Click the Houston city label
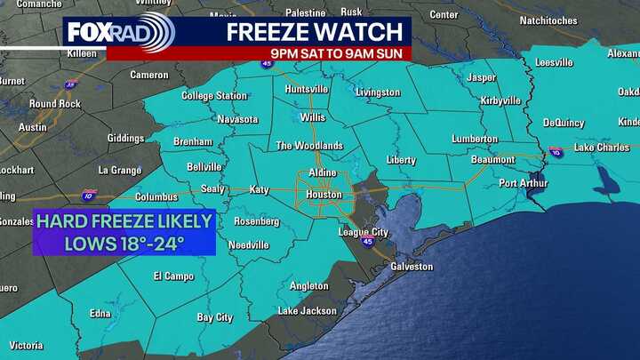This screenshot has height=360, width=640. pos(324,195)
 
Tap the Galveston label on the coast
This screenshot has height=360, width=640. pos(412,267)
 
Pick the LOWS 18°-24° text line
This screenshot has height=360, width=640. pos(124,242)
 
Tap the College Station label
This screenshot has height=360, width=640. pos(214,96)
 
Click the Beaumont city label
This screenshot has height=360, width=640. pos(493,160)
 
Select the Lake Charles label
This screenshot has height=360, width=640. pos(602,148)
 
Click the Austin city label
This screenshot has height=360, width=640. pos(32,127)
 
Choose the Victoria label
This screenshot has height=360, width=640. pos(26,345)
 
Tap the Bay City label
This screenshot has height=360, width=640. pos(214,317)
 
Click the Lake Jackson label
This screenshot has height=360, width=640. pos(307,311)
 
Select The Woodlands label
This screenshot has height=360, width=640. pos(309,146)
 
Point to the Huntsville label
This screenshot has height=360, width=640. pos(306,90)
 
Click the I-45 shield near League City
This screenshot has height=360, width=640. pos(368,241)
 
